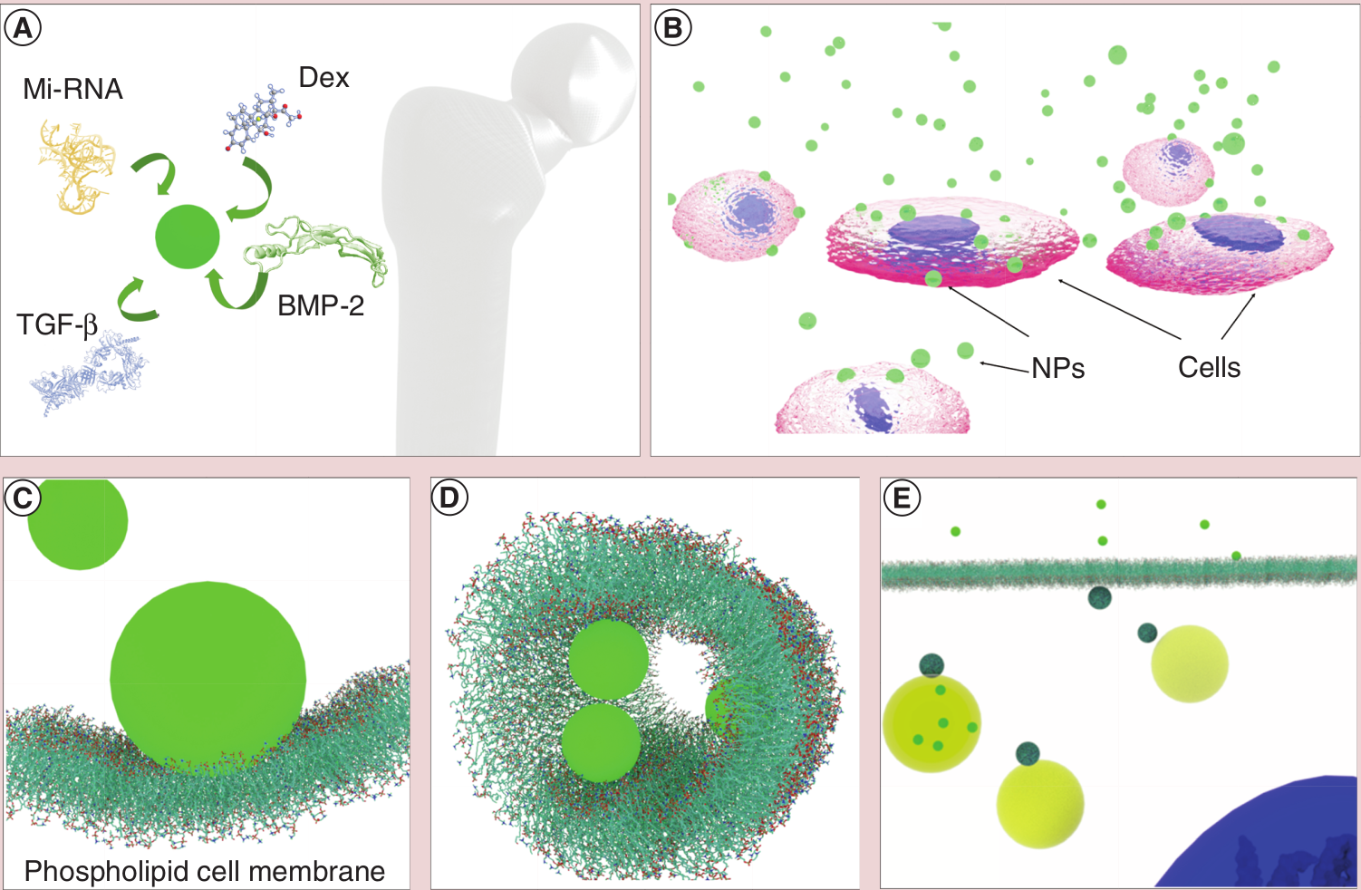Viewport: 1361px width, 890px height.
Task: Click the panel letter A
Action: click(x=23, y=28)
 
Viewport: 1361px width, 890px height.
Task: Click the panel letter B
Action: click(x=673, y=28)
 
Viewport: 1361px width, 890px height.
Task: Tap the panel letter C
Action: click(x=23, y=498)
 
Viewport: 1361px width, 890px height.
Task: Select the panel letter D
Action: click(x=449, y=498)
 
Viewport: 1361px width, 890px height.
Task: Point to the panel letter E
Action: click(x=902, y=498)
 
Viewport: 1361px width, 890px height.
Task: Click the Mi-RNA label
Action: click(x=72, y=90)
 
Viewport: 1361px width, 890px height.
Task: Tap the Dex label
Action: click(x=323, y=78)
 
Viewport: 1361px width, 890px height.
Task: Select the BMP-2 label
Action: click(x=321, y=305)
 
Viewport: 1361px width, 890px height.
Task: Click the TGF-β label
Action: click(x=57, y=325)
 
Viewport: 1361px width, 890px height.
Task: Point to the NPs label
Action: click(x=1057, y=368)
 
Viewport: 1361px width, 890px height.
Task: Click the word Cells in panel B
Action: click(x=1209, y=367)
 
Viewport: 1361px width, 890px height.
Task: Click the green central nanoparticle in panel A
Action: click(x=188, y=237)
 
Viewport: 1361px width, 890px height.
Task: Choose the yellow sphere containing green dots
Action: click(x=931, y=723)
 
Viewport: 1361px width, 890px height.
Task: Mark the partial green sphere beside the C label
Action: click(x=78, y=524)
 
